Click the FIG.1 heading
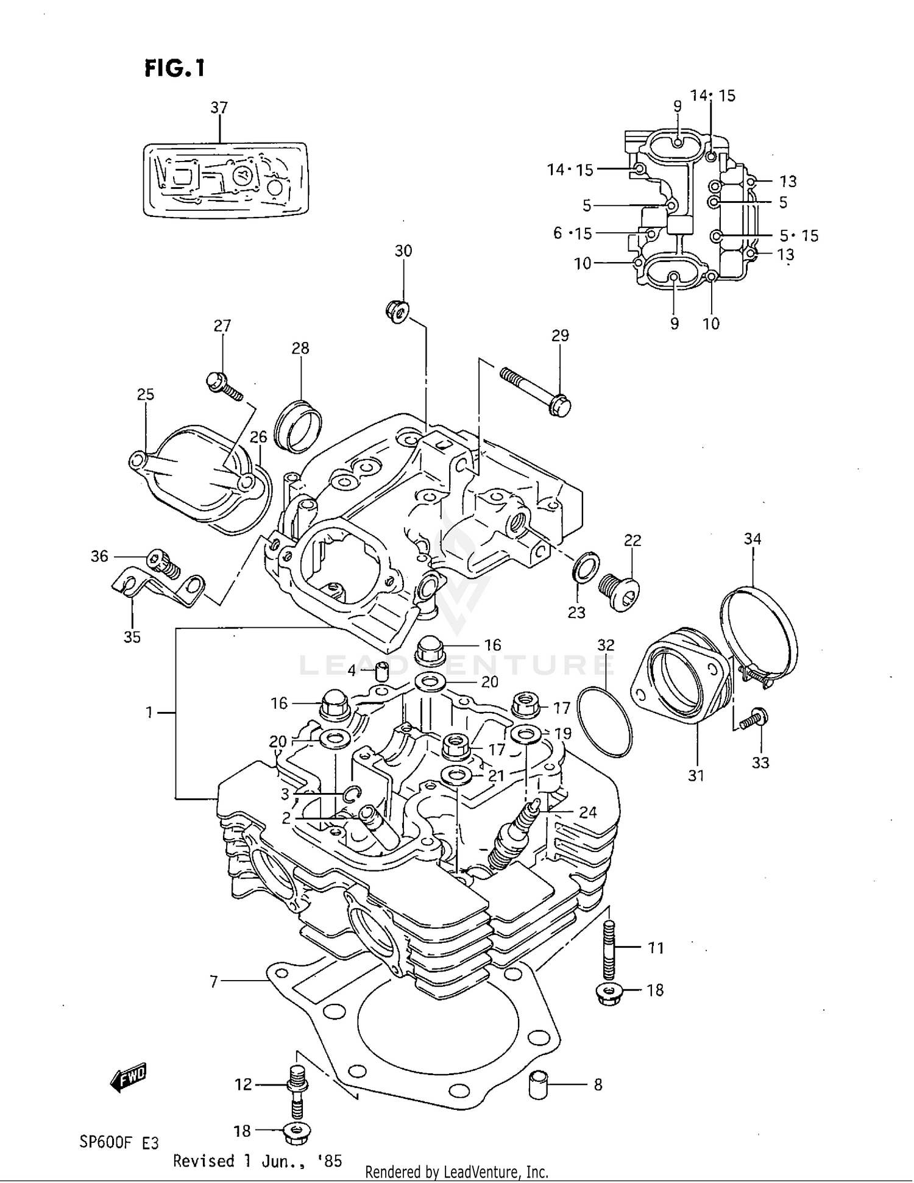coord(174,68)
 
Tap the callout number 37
coord(219,108)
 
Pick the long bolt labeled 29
coord(535,390)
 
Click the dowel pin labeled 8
coord(539,1085)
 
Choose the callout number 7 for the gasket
coord(214,982)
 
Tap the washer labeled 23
coord(586,566)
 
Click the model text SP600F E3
coord(119,1142)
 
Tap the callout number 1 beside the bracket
coord(149,712)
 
